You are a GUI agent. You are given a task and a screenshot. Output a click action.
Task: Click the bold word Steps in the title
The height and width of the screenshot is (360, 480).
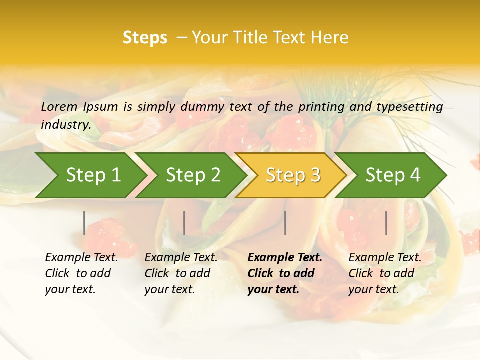point(145,38)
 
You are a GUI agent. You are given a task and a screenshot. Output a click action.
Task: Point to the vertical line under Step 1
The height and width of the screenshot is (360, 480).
point(84,223)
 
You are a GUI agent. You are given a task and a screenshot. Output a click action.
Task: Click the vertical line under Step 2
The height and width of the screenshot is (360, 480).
point(184,223)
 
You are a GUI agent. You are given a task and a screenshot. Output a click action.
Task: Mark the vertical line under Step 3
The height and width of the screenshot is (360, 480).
point(285,223)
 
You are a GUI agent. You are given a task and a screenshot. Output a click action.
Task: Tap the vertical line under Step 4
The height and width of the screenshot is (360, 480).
point(386,223)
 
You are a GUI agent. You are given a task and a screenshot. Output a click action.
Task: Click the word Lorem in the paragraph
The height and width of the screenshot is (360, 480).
point(59,106)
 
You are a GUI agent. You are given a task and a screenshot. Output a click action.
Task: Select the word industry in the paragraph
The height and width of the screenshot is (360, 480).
point(65,125)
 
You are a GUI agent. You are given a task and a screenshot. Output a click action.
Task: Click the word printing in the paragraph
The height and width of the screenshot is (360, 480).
point(318,107)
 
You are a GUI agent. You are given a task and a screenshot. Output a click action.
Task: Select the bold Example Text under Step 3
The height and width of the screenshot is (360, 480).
point(285,258)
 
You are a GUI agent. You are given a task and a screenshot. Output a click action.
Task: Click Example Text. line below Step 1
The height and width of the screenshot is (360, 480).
point(81,258)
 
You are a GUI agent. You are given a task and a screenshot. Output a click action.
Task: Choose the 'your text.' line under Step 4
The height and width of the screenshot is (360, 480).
point(373,289)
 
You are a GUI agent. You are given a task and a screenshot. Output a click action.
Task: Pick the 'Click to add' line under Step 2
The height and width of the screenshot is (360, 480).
point(177,274)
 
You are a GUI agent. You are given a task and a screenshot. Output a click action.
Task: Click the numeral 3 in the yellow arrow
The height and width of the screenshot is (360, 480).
point(315,175)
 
